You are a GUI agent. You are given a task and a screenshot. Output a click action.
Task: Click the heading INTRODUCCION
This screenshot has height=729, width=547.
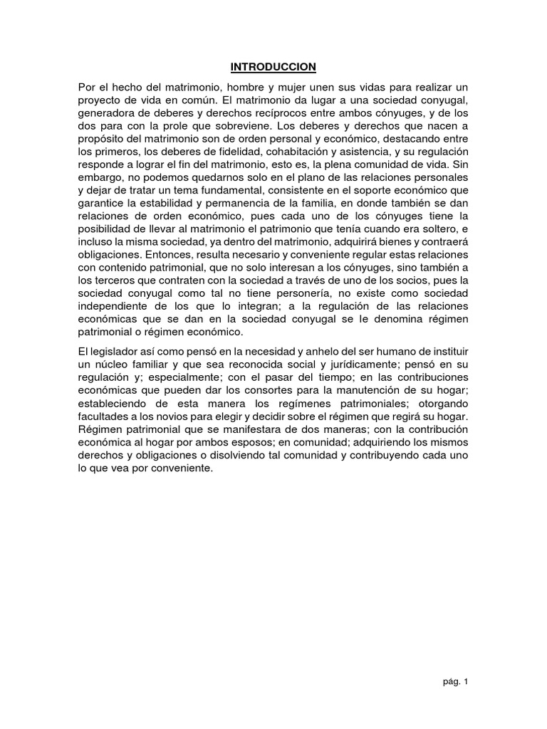(x=273, y=67)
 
